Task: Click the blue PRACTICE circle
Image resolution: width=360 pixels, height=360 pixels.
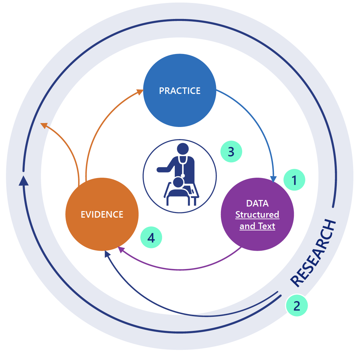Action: (x=180, y=90)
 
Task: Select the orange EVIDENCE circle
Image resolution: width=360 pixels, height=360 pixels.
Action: (x=102, y=214)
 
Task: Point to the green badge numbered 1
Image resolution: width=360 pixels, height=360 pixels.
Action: (x=294, y=180)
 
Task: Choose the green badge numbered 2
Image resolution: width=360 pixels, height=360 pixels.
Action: (x=297, y=306)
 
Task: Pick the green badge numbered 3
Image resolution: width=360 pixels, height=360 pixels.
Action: (x=231, y=152)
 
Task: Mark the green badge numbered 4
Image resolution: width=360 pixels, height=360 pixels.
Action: (x=151, y=238)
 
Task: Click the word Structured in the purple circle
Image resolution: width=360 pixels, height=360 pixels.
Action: (x=257, y=215)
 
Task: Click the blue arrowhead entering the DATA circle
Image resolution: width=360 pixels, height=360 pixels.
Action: (x=273, y=179)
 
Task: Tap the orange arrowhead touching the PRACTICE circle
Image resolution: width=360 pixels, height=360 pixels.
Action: (x=140, y=92)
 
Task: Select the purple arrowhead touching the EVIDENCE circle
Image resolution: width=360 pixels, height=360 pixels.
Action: (x=121, y=249)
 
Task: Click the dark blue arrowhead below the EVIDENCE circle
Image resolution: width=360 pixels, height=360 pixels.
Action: (x=107, y=254)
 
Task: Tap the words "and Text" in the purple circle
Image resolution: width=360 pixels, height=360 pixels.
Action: (x=257, y=226)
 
